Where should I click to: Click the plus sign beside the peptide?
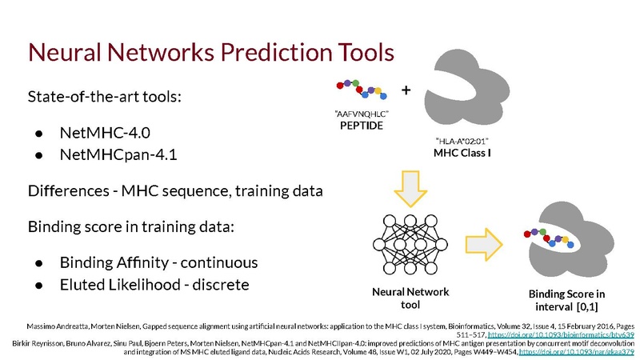(x=406, y=90)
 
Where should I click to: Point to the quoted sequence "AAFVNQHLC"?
(x=362, y=114)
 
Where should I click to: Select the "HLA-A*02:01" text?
(x=462, y=140)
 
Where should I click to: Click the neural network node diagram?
(x=410, y=242)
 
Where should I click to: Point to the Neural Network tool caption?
(x=410, y=298)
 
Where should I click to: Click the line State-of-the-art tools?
(x=105, y=98)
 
